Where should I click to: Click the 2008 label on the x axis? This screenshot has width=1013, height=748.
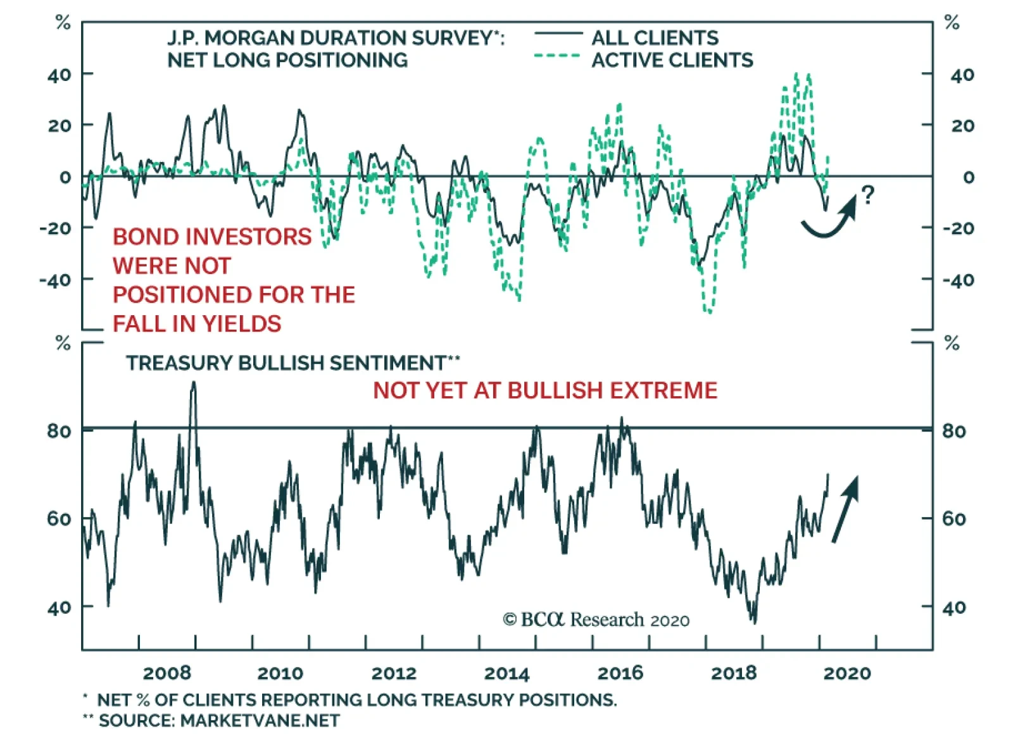[x=167, y=673]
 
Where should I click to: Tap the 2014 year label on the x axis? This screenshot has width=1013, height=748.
[x=507, y=673]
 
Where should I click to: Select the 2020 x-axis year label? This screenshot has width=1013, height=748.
[x=847, y=673]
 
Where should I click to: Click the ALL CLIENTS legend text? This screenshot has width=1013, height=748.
[x=655, y=38]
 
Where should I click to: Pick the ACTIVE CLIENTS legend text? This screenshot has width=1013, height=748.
[x=672, y=60]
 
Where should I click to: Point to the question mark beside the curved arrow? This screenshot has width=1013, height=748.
[x=868, y=194]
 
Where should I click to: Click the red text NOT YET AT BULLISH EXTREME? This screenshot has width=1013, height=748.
[x=545, y=390]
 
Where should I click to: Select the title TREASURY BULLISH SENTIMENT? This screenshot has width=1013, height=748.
[x=286, y=363]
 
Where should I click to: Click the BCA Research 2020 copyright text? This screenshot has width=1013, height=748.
[x=596, y=620]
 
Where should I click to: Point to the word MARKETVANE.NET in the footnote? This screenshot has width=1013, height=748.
[x=260, y=721]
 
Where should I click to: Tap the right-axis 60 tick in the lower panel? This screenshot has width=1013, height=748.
[x=954, y=519]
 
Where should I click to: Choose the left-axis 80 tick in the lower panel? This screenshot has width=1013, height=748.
[x=59, y=431]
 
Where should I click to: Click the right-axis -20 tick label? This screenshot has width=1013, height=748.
[x=958, y=228]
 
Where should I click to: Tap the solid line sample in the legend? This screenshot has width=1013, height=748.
[x=558, y=33]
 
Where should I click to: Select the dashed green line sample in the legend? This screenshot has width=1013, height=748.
[x=558, y=56]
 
